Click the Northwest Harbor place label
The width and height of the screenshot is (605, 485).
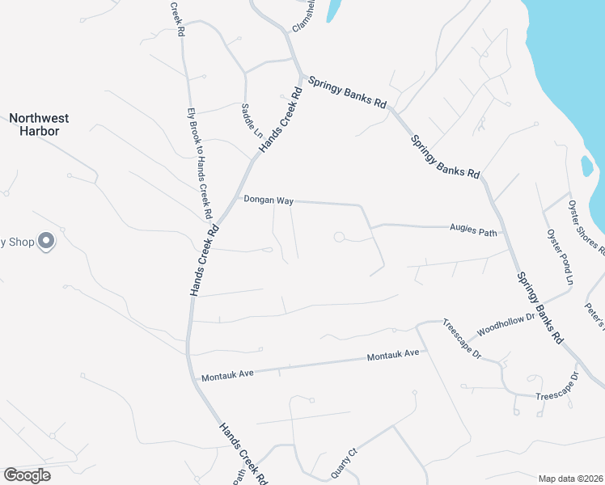pyautogui.click(x=39, y=124)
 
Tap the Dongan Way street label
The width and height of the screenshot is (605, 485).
pyautogui.click(x=269, y=200)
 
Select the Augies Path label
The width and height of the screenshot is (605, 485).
pyautogui.click(x=472, y=230)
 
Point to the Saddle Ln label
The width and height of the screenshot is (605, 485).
pyautogui.click(x=247, y=120)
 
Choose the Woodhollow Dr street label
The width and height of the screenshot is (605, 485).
pyautogui.click(x=506, y=325)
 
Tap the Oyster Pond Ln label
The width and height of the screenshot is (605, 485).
pyautogui.click(x=560, y=256)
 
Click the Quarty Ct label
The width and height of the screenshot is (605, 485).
pyautogui.click(x=345, y=462)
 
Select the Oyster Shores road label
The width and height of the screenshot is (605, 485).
pyautogui.click(x=586, y=227)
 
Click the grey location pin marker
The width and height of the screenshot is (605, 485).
pyautogui.click(x=46, y=240)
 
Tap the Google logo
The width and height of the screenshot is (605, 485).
pyautogui.click(x=27, y=475)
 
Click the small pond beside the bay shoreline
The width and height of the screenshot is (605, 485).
pyautogui.click(x=586, y=166)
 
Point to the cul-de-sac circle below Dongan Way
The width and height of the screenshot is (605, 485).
pyautogui.click(x=339, y=237)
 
